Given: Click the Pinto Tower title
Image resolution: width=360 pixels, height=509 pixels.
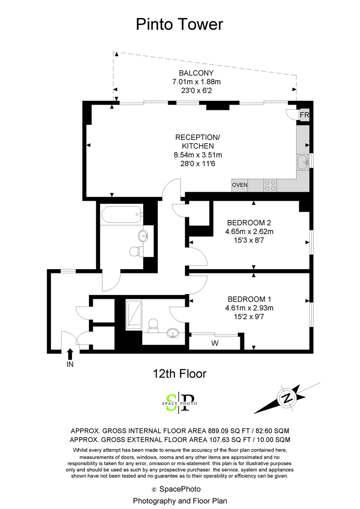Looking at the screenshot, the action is point(180,25).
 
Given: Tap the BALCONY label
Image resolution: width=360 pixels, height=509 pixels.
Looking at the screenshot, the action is point(196,73).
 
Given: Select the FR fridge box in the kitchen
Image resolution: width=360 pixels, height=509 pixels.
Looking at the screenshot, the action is point(304,115).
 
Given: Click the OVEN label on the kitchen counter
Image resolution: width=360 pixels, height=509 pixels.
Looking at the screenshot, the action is point(239,185).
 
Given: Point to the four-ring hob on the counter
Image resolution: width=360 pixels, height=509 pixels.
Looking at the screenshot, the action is point(270,185).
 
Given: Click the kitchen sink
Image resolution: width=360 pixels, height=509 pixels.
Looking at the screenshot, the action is point(303,162).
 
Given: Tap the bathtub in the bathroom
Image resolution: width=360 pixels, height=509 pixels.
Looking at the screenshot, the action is point(122,214).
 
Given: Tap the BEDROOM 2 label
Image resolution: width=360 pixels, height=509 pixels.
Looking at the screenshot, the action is point(249,222).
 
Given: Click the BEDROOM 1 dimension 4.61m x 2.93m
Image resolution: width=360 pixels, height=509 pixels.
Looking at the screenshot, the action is point(249,308).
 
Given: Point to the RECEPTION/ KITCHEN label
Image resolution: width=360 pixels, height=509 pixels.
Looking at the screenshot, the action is point(198,141).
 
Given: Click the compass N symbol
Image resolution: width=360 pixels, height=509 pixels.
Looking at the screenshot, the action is point(287,398).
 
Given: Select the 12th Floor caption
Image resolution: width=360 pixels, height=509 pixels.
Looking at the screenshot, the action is point(180,374).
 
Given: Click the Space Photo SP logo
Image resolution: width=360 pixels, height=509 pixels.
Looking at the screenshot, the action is point(180,402).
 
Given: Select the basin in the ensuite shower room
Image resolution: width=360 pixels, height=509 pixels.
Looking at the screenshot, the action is point(173,333).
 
